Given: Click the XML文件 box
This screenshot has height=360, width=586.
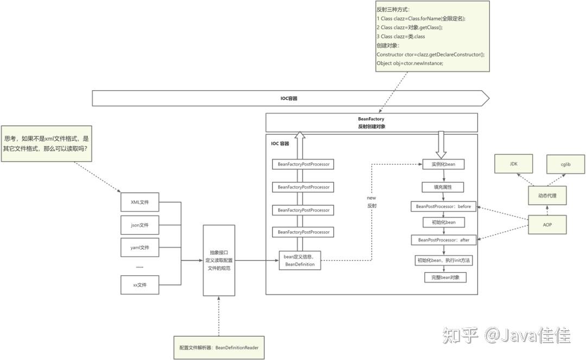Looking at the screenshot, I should [139, 202].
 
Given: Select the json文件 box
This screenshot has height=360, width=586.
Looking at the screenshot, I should [139, 225].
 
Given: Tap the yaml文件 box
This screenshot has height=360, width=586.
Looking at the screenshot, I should [139, 248].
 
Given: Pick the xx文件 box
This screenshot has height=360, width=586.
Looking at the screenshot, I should [139, 285].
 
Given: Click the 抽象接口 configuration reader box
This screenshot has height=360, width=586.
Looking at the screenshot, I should [219, 261].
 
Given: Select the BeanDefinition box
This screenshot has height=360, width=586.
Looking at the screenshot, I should [299, 260].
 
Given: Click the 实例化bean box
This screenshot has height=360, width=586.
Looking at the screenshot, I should [444, 164].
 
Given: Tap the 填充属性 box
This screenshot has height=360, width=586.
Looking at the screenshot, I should [444, 187].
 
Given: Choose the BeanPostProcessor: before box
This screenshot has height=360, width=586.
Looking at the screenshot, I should [443, 207].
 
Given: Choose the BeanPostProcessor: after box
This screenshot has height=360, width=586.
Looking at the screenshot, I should [443, 239].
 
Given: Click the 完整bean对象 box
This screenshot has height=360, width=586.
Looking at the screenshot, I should [445, 277].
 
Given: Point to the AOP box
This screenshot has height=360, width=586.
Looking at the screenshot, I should [547, 224].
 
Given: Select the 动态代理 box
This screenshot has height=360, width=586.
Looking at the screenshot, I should [547, 195].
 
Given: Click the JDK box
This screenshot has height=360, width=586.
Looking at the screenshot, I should [513, 163].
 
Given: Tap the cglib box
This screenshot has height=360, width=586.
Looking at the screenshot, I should [565, 163].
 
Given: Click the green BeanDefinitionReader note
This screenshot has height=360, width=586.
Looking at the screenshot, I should [219, 347].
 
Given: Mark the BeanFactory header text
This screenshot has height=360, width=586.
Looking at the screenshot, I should [371, 118].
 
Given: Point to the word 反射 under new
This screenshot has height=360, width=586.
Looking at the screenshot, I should [371, 206].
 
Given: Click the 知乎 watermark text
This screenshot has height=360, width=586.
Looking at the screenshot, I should [461, 335].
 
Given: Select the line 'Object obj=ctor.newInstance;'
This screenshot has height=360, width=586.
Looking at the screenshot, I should [410, 64].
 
